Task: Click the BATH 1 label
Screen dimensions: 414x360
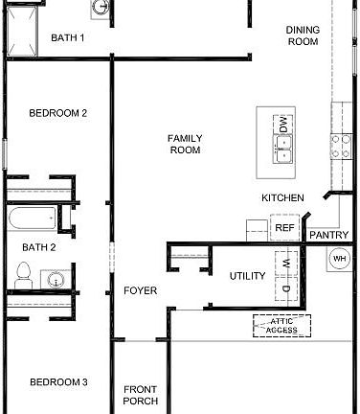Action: pos(67,38)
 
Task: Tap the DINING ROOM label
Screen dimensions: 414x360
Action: pos(302,35)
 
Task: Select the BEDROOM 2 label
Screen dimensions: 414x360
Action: pos(58,113)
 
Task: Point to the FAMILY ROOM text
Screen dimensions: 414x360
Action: pos(185,144)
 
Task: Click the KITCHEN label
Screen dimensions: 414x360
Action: pos(283,198)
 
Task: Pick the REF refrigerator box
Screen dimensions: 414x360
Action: pos(283,228)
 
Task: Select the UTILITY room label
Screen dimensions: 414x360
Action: pos(247,276)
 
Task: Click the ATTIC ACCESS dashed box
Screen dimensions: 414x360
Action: pos(281,325)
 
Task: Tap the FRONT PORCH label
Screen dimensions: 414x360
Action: pos(141,395)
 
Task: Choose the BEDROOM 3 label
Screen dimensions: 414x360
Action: pos(58,382)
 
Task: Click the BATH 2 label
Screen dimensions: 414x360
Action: pos(39,247)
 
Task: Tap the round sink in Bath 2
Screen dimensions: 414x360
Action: pos(57,281)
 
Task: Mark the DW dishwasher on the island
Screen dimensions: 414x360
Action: pos(282,124)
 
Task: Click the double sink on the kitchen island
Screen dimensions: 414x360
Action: pos(282,146)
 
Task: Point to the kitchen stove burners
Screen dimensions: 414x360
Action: pos(340,145)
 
